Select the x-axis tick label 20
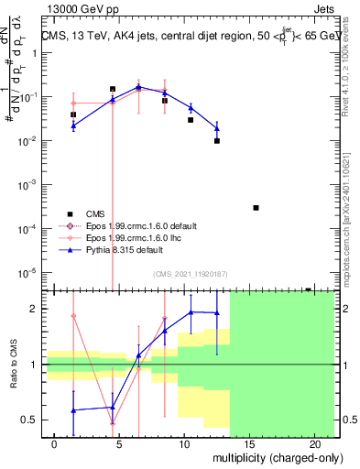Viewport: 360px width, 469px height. click(x=314, y=444)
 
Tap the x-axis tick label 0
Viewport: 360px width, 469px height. click(x=56, y=444)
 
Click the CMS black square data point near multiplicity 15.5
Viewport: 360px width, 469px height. click(x=256, y=208)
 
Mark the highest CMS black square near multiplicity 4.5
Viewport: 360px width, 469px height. click(x=113, y=89)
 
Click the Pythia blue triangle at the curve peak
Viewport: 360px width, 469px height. click(x=138, y=87)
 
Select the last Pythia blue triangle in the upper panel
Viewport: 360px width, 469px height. click(x=217, y=127)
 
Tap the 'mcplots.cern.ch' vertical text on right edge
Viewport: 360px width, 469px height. click(x=352, y=246)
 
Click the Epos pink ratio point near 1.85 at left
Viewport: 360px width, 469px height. click(x=73, y=316)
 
